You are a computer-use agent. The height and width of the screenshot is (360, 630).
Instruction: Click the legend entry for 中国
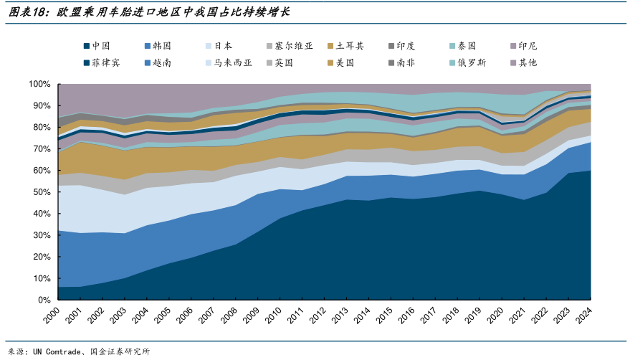tap(100, 46)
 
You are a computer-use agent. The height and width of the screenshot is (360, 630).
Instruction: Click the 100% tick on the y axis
tap(39, 84)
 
